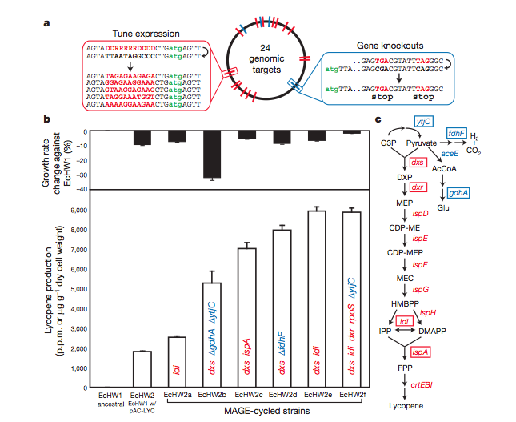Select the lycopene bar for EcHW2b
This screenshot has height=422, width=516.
coord(212,336)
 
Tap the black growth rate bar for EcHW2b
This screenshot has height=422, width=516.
coord(212,155)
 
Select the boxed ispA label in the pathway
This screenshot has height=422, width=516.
coord(420,352)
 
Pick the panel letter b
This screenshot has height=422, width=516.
coord(47,119)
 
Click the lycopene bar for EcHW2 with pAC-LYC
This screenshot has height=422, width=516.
coord(141,369)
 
